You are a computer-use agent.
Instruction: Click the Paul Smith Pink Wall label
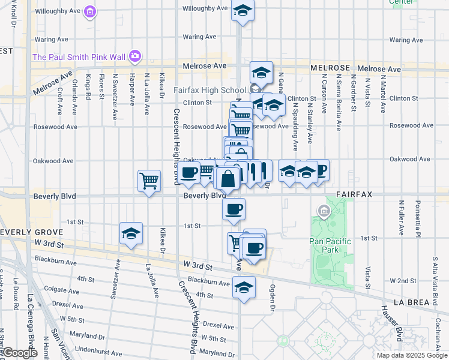tap(79, 57)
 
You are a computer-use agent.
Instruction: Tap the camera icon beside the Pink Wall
tap(134, 56)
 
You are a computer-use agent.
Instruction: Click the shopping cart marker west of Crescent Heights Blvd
tap(149, 180)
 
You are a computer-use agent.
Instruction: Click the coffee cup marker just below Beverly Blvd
tap(234, 209)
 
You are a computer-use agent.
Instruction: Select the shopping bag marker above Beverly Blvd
tap(229, 179)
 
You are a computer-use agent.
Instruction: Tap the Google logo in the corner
tap(19, 353)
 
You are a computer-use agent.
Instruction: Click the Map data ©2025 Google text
tap(412, 355)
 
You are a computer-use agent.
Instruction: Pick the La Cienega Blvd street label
tap(31, 321)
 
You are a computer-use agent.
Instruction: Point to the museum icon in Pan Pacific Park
tap(324, 211)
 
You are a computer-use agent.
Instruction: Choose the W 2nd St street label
tap(403, 280)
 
